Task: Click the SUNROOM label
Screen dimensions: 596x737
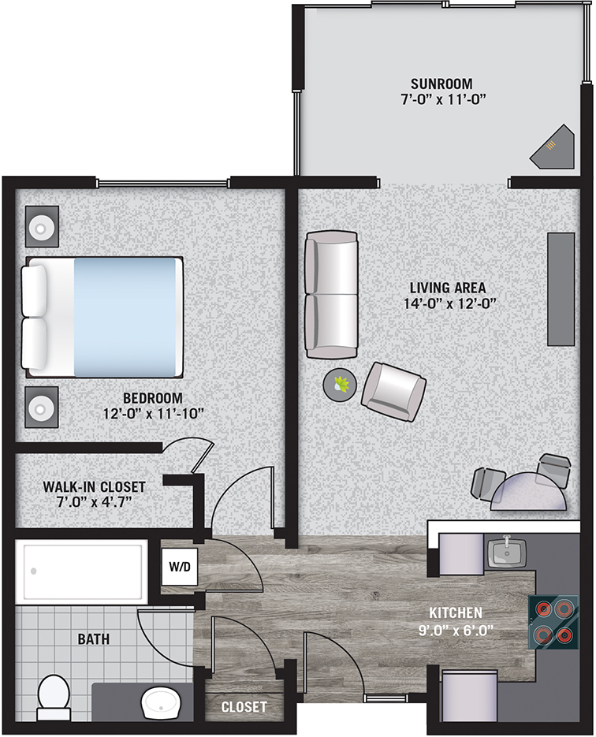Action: click(441, 84)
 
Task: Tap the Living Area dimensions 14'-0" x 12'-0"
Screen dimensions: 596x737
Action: click(450, 303)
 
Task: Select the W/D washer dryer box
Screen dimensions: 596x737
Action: click(180, 567)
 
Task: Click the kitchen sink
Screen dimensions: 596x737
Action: click(507, 553)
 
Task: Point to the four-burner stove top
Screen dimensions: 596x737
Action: click(553, 623)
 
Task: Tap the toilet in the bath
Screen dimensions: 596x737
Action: click(54, 698)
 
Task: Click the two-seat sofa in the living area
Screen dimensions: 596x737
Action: click(330, 295)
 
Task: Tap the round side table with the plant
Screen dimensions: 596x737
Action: click(340, 385)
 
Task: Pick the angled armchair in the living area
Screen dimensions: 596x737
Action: click(393, 391)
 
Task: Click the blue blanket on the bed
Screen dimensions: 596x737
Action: click(128, 317)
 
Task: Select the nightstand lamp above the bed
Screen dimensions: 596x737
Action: click(41, 227)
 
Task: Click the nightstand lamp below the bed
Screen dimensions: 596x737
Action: click(41, 407)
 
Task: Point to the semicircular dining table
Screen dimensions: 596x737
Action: click(528, 492)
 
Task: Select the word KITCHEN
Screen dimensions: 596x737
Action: click(456, 612)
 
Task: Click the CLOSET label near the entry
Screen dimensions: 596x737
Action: click(244, 706)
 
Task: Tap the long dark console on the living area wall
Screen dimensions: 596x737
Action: click(561, 289)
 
